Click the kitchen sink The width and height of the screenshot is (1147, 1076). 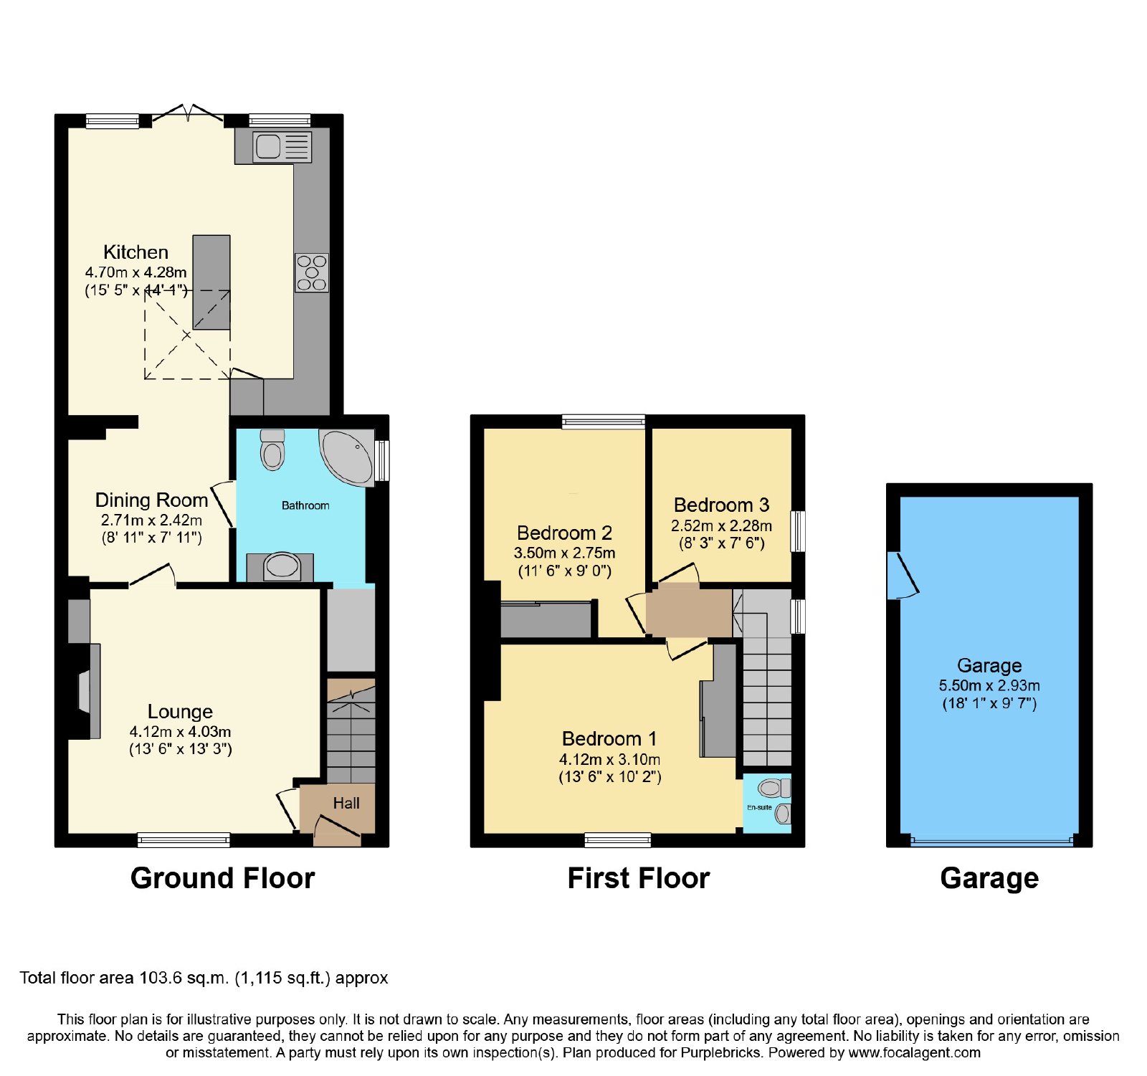282,147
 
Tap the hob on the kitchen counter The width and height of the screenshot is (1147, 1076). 312,272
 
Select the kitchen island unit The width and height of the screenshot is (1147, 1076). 211,282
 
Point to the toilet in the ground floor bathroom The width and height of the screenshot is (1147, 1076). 272,449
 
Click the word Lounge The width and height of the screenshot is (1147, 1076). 180,711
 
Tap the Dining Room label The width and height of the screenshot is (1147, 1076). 151,500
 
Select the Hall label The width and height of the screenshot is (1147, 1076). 346,803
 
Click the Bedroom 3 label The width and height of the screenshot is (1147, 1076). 721,505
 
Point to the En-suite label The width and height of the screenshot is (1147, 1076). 759,807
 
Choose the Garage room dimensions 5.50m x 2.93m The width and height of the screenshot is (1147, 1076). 989,685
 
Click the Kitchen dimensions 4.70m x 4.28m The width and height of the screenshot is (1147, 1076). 135,272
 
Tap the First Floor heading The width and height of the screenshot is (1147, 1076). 638,878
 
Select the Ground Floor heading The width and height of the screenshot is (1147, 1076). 222,878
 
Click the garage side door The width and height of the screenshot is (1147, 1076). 903,575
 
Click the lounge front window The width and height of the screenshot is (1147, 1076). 184,839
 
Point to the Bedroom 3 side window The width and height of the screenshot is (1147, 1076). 798,530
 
